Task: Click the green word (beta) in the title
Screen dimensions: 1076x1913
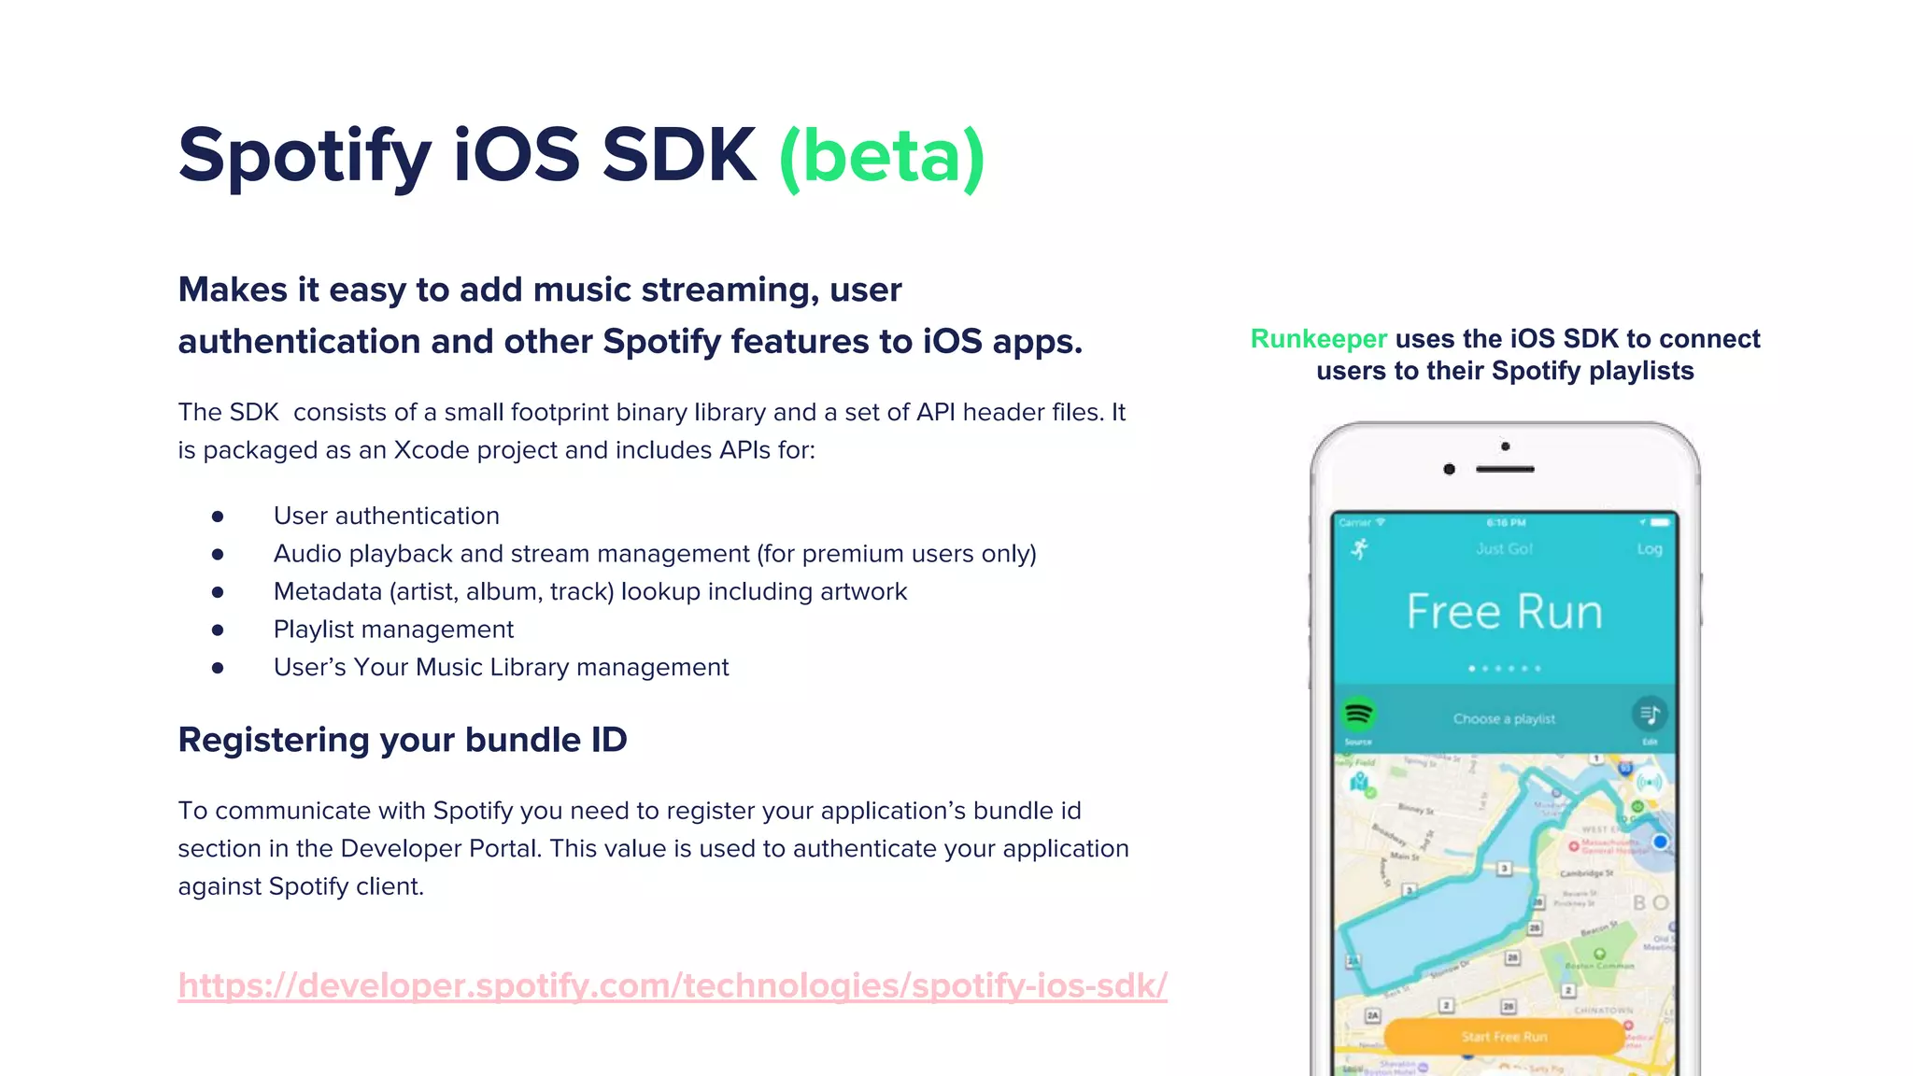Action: tap(882, 157)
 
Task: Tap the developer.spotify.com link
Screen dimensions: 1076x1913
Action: tap(673, 985)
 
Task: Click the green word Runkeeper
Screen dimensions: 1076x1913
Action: tap(1318, 339)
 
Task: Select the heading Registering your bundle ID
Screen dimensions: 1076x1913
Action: tap(403, 740)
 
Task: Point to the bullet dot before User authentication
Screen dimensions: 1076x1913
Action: tap(218, 517)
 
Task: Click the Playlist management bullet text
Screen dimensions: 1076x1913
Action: tap(393, 630)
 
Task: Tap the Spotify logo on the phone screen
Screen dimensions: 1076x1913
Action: tap(1358, 715)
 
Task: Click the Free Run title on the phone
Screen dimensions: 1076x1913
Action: tap(1504, 612)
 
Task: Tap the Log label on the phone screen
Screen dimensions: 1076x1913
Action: tap(1649, 549)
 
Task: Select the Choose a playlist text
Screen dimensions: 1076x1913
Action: tap(1504, 719)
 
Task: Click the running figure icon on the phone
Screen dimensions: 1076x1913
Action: tap(1360, 549)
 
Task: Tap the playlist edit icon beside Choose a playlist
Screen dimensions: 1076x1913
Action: tap(1650, 715)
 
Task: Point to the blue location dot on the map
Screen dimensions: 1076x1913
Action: tap(1660, 842)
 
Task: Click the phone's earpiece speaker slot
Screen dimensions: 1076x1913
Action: tap(1505, 469)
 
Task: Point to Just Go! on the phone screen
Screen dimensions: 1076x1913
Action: tap(1504, 549)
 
